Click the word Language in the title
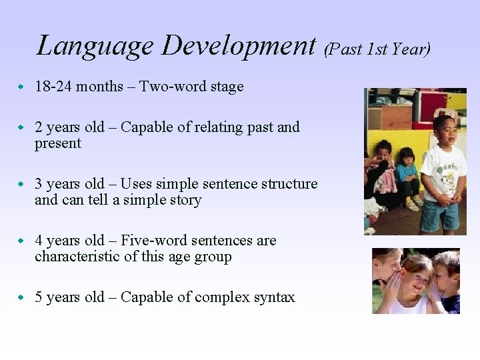[x=95, y=46]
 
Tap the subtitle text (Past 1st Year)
[x=377, y=48]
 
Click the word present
[x=58, y=143]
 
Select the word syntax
[x=273, y=297]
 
